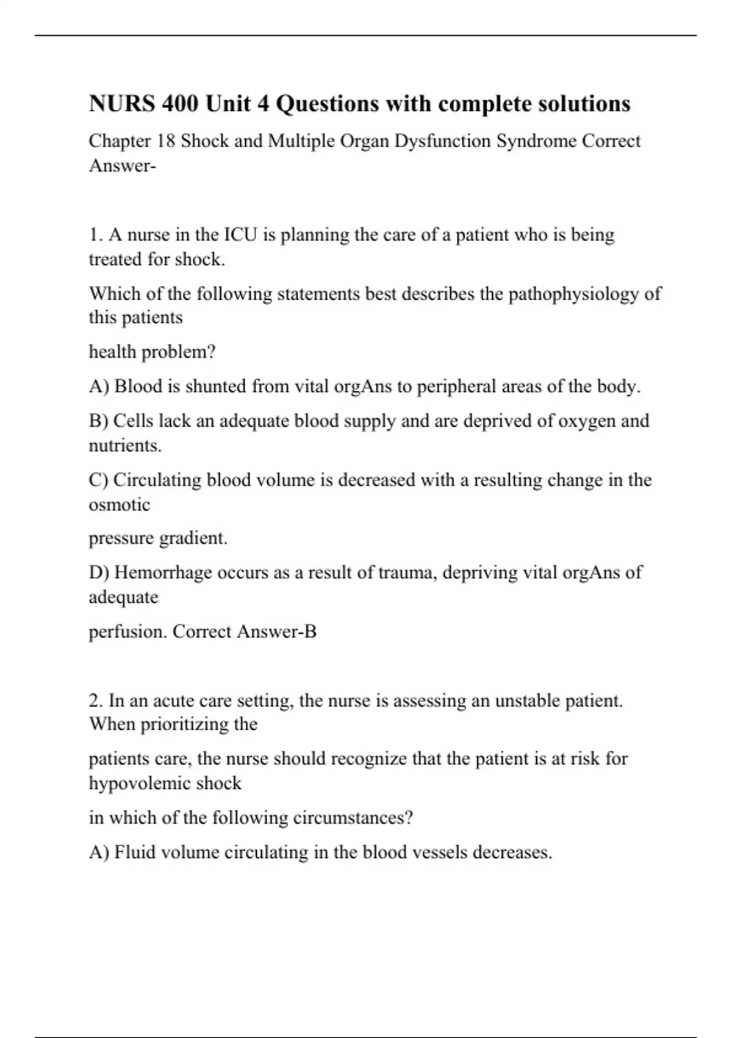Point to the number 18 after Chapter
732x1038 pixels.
coord(166,141)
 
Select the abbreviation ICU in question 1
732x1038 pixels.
coord(242,234)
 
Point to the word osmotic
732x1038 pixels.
coord(120,505)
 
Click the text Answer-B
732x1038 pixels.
coord(276,631)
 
